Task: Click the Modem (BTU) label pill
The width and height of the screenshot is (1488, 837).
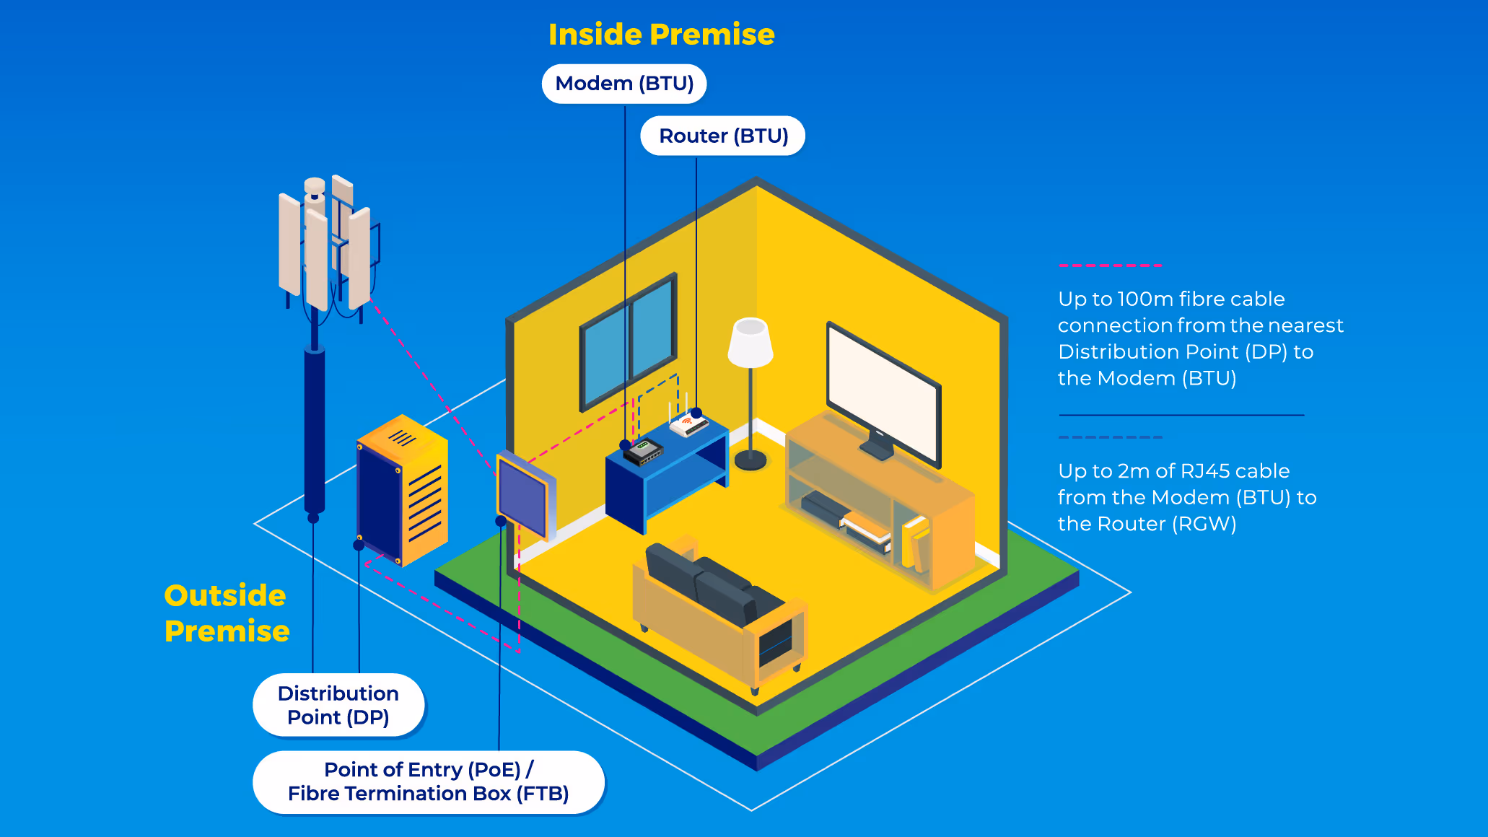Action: tap(624, 84)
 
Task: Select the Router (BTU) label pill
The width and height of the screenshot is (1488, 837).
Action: tap(723, 136)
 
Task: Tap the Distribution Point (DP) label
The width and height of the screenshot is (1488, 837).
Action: tap(338, 705)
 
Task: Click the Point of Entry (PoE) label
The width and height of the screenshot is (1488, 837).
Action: tap(428, 782)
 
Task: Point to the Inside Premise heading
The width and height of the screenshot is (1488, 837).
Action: tap(661, 35)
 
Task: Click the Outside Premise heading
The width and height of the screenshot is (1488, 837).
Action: tap(226, 613)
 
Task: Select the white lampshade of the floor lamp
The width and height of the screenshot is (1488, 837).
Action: tap(750, 342)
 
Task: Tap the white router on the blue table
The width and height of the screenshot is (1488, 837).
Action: tap(688, 424)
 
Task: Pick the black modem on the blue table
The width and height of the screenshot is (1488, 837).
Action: tap(643, 452)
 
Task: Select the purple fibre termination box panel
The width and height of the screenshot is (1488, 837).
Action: tap(522, 495)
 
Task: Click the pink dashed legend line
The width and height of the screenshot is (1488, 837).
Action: tap(1110, 266)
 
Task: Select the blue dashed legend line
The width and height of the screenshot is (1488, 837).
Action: tap(1110, 437)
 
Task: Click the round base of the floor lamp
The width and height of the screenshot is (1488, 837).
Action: tap(750, 459)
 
